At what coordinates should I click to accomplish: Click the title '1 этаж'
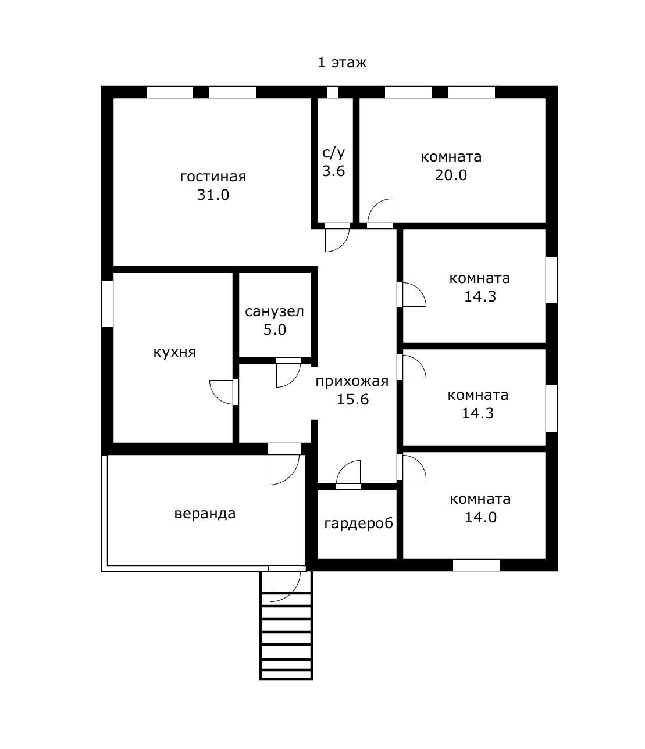coord(342,63)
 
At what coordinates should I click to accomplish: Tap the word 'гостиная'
coord(213,177)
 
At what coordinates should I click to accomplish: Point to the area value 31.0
coord(213,195)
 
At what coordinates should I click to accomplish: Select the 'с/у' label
coord(333,153)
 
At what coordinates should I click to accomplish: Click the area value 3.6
coord(333,171)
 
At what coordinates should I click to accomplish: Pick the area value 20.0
coord(451,175)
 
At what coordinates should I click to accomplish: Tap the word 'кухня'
coord(174,353)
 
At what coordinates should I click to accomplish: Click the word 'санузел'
coord(275,311)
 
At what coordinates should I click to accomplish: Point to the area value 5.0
coord(275,330)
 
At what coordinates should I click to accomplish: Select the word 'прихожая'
coord(352,382)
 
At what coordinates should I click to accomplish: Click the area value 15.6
coord(352,400)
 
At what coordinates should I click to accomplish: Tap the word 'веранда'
coord(205,514)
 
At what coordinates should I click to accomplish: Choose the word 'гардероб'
coord(358,524)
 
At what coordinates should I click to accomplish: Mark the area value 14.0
coord(480,518)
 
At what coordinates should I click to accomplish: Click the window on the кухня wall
coord(107,304)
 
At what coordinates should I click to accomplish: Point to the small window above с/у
coord(333,92)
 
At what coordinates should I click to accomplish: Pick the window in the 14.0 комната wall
coord(476,565)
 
